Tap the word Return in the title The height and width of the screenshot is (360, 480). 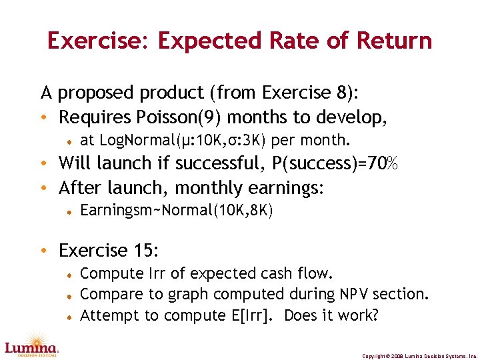395,41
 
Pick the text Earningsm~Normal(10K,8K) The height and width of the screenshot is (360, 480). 177,211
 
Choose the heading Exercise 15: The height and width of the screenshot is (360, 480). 109,251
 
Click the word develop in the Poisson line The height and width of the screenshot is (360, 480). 358,117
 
